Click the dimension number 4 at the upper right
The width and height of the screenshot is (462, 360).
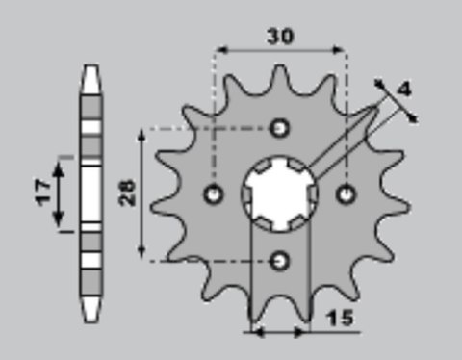(x=404, y=90)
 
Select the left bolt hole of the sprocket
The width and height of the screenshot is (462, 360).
(x=215, y=193)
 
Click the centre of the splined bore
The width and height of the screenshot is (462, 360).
(x=280, y=193)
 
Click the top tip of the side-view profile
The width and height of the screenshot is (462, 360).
(x=90, y=68)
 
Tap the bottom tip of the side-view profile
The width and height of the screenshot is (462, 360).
(x=90, y=317)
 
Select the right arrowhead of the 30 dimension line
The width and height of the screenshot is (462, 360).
(x=343, y=47)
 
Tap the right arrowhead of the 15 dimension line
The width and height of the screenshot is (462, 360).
(x=306, y=334)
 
